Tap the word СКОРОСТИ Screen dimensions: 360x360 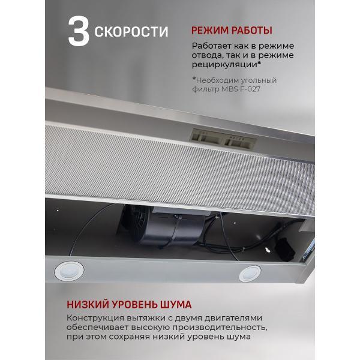(x=131, y=31)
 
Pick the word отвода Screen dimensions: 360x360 (x=207, y=56)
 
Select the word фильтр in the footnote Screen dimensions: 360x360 (x=206, y=90)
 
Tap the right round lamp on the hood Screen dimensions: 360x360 (x=250, y=274)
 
